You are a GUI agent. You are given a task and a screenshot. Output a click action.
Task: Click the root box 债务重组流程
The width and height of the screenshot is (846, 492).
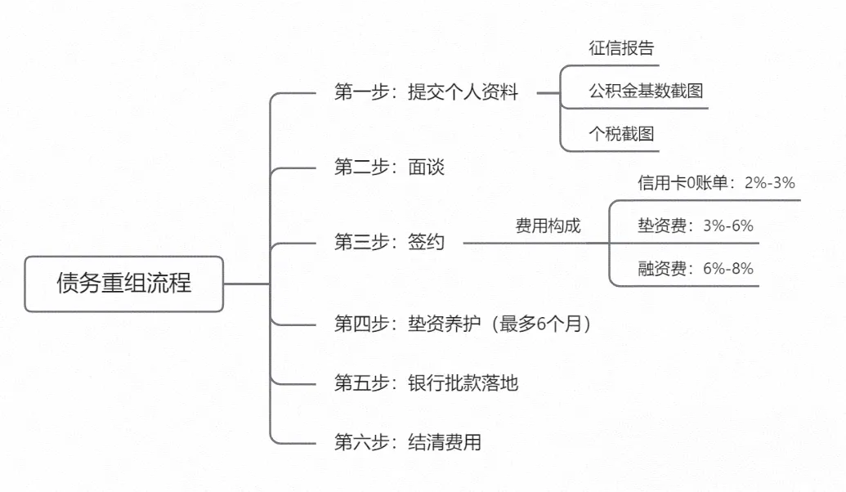[x=123, y=284]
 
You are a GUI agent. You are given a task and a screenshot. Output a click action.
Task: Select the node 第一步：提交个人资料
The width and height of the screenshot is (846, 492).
[x=426, y=92]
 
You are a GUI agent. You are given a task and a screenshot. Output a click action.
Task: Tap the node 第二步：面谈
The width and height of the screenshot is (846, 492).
[x=389, y=168]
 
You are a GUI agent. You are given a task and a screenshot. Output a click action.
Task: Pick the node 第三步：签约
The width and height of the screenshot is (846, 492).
[x=389, y=242]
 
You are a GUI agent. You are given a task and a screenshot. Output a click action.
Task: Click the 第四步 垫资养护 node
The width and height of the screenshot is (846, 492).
[x=463, y=324]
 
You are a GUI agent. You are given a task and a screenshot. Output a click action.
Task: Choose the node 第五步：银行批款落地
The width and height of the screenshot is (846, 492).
[x=426, y=382]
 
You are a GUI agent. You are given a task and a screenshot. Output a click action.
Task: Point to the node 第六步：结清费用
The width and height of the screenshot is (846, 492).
[x=407, y=443]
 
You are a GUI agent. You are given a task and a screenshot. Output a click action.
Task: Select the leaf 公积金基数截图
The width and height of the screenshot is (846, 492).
[x=646, y=91]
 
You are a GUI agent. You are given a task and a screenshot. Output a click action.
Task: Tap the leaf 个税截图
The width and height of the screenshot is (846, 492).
[x=621, y=134]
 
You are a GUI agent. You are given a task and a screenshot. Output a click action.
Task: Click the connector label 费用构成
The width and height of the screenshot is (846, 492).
[x=548, y=226]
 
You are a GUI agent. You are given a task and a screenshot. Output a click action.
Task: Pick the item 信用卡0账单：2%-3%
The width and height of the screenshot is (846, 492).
[x=716, y=183]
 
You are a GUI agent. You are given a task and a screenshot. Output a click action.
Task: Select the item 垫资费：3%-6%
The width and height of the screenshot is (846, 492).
[x=695, y=226]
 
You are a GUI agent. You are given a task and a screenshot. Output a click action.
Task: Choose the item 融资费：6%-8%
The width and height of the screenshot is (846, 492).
[x=695, y=268]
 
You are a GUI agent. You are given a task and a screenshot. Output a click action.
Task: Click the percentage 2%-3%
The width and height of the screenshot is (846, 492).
[x=769, y=183]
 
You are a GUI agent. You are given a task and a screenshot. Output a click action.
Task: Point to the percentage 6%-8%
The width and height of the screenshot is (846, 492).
[x=727, y=268]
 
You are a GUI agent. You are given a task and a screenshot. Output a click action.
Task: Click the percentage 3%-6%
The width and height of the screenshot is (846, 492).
[x=727, y=226]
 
